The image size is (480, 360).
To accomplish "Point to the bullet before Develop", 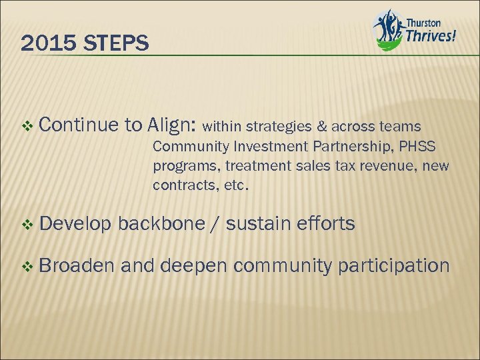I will (x=27, y=224).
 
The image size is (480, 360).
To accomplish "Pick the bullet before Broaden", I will (x=27, y=266).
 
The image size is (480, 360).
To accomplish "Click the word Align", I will (x=172, y=125).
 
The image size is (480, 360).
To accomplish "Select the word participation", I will (x=394, y=266).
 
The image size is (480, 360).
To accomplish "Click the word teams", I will (x=402, y=125).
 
